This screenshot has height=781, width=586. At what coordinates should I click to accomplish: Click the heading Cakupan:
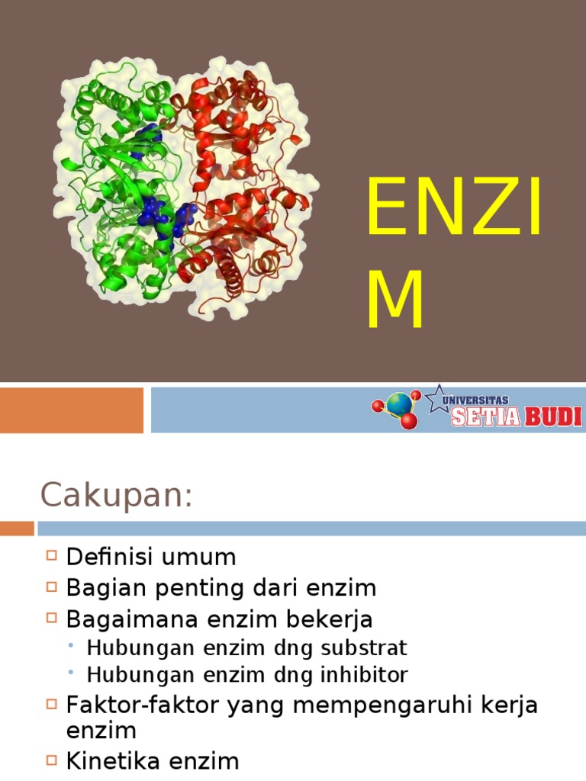(115, 496)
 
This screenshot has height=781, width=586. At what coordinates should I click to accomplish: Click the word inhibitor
(363, 675)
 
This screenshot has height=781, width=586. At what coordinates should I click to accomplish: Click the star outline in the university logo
(437, 397)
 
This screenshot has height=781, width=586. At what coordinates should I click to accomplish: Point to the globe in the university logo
(398, 403)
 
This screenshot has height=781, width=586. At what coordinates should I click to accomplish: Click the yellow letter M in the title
(395, 303)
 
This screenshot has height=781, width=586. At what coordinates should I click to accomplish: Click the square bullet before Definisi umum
(52, 556)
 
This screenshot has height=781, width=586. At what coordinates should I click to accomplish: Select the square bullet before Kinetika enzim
(52, 760)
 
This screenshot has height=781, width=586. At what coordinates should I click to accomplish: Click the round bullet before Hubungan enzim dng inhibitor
(71, 674)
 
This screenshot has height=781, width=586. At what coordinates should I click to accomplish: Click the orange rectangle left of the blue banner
(72, 410)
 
